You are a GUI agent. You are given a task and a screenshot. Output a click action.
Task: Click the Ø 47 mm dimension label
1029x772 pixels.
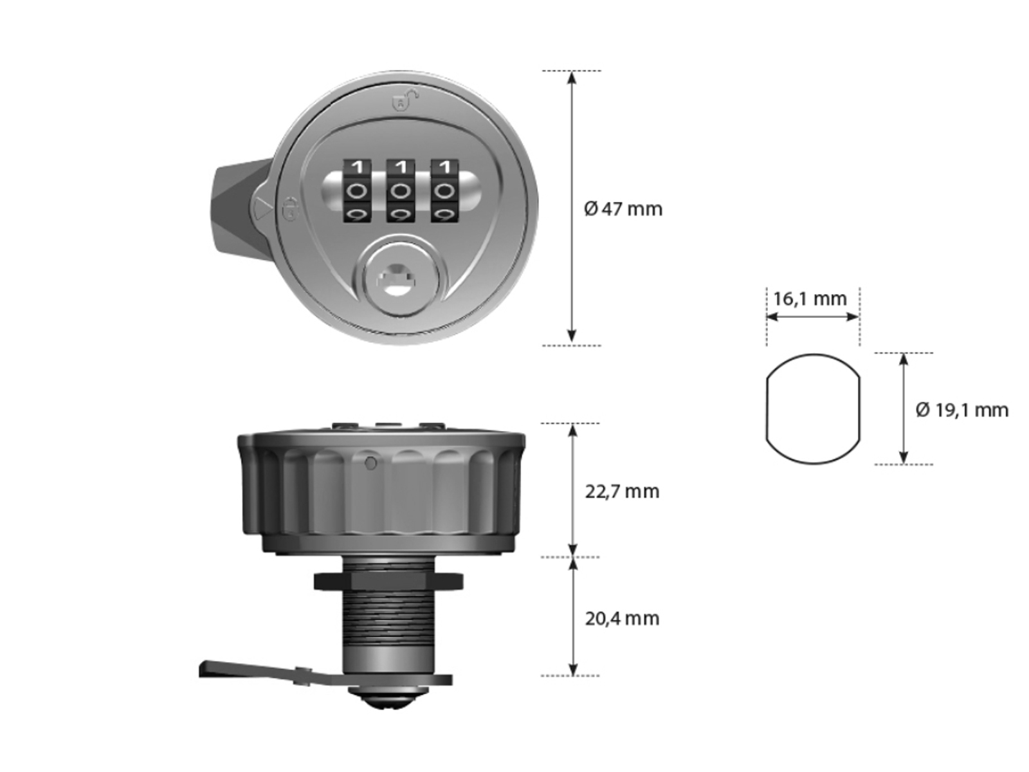tap(623, 208)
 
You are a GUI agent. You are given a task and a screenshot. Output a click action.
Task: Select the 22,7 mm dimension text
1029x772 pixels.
tap(622, 492)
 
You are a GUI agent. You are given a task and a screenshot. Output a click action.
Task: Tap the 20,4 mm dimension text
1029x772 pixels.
tap(622, 619)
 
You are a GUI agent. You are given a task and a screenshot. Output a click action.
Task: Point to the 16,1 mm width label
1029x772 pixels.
tap(810, 299)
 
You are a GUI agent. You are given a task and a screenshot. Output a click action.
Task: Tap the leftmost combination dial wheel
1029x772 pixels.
tap(358, 191)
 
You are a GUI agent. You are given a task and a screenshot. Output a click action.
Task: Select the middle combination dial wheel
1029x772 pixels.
tap(401, 191)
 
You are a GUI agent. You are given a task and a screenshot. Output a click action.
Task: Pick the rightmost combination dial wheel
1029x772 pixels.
tap(444, 191)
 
